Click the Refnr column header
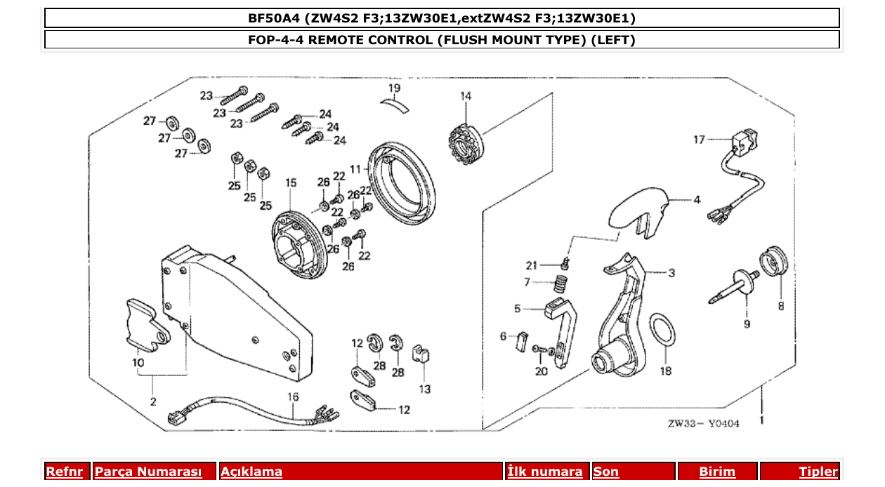coord(64,472)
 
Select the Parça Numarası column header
coord(148,472)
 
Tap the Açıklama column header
coord(251,472)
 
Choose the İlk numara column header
coord(545,472)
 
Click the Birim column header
coord(717,472)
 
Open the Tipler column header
coord(818,472)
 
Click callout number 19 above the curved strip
coord(394,88)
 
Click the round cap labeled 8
coord(775,262)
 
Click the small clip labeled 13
coord(421,354)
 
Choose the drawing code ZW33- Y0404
coord(703,423)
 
